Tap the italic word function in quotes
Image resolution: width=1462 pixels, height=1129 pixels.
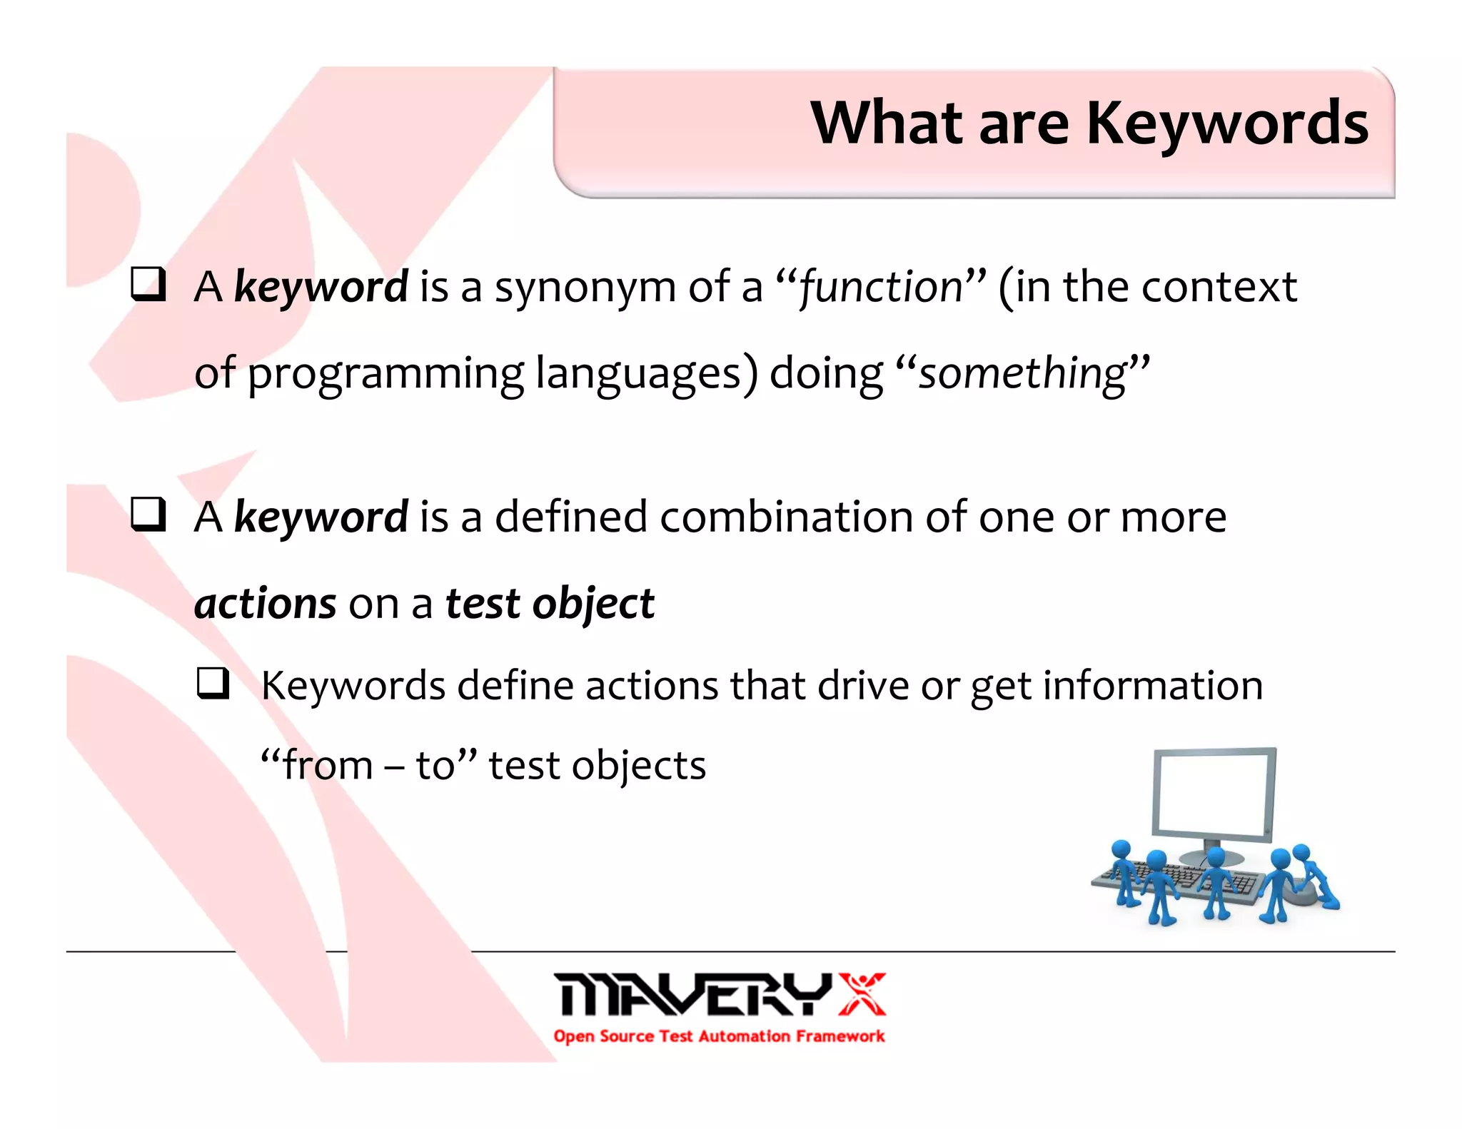coord(881,287)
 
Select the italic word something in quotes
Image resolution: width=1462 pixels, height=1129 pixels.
coord(1022,373)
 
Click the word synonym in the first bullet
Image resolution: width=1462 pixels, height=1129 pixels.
coord(585,288)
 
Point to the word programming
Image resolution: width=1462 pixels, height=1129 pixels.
coord(385,374)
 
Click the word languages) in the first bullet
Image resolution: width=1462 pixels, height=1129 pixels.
coord(646,374)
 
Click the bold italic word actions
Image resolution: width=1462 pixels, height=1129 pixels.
coord(265,604)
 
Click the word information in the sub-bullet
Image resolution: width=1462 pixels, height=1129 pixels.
coord(1152,686)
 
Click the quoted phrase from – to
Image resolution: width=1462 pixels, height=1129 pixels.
coord(368,766)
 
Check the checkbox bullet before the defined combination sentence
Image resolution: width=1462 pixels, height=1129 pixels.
coord(148,515)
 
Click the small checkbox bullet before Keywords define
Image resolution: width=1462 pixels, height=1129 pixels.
coord(213,683)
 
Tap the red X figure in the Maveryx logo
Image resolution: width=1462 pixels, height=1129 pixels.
coord(862,993)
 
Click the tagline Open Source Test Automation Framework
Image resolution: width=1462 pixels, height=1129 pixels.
coord(718,1036)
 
